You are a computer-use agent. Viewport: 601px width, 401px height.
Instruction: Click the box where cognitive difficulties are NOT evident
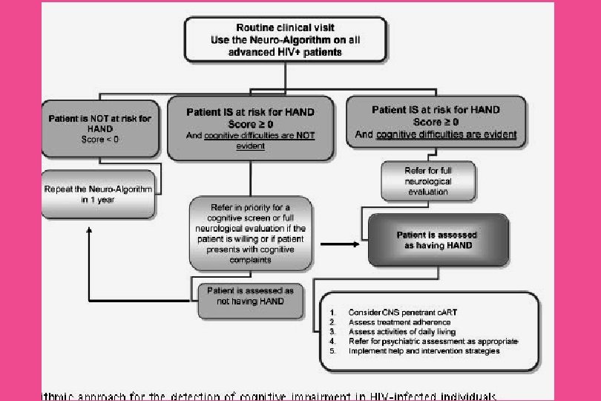click(251, 128)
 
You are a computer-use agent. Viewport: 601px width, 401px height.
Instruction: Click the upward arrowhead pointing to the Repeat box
click(90, 231)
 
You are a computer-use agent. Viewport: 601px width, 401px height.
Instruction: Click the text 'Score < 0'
click(99, 140)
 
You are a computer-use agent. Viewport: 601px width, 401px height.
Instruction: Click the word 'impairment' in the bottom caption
click(306, 395)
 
